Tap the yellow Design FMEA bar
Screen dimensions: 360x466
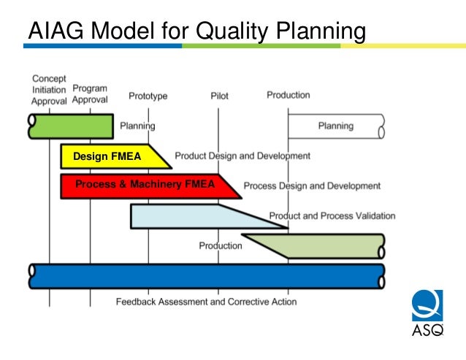pyautogui.click(x=110, y=156)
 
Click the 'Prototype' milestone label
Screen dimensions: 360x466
pyautogui.click(x=148, y=96)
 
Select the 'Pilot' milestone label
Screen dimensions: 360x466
pyautogui.click(x=218, y=96)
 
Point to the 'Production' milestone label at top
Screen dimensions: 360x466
pyautogui.click(x=288, y=95)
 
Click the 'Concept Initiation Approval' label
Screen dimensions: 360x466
pyautogui.click(x=49, y=90)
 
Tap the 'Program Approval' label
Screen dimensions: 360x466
pyautogui.click(x=91, y=94)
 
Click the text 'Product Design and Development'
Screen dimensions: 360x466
pyautogui.click(x=242, y=156)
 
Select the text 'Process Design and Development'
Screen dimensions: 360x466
pyautogui.click(x=312, y=185)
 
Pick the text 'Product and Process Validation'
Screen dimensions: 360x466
pyautogui.click(x=332, y=215)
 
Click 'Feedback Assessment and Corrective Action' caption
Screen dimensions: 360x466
pyautogui.click(x=206, y=302)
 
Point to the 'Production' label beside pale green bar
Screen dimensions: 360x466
pyautogui.click(x=221, y=245)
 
